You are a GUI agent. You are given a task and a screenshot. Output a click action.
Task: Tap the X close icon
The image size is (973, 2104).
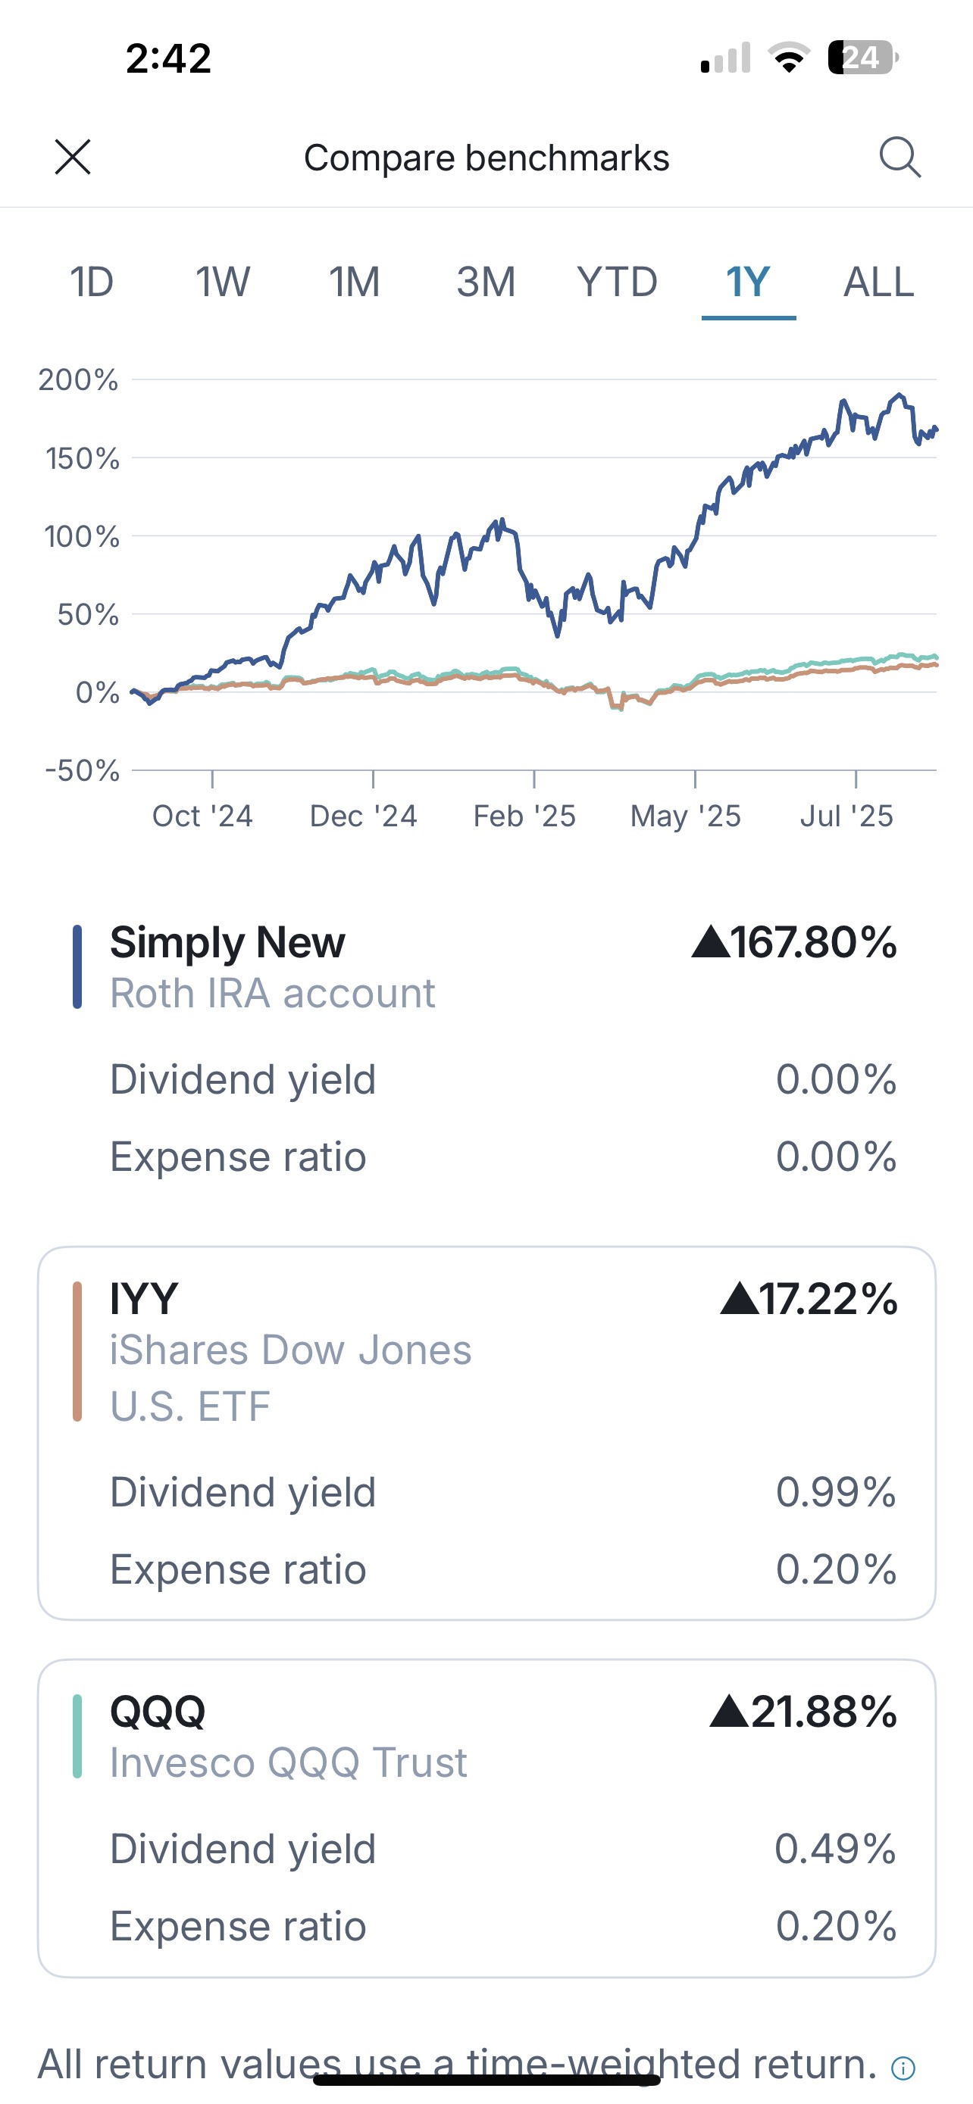(x=73, y=157)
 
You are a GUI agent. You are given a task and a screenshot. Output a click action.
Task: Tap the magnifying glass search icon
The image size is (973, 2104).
(x=899, y=157)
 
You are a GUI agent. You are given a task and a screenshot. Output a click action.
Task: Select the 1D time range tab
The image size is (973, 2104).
(x=92, y=283)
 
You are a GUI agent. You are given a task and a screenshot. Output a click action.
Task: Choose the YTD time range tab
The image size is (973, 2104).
(x=617, y=283)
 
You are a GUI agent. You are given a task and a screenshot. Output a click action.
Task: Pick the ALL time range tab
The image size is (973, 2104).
(x=878, y=283)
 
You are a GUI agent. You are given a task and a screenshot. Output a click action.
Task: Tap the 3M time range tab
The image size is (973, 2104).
(x=485, y=283)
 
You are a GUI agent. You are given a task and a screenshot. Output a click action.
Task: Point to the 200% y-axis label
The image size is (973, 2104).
(x=78, y=379)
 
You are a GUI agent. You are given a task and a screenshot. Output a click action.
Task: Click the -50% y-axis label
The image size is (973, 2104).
(x=82, y=770)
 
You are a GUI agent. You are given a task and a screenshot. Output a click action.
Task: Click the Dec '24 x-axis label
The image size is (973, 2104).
(x=363, y=816)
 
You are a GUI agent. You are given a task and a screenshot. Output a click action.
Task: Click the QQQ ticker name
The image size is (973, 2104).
(x=158, y=1711)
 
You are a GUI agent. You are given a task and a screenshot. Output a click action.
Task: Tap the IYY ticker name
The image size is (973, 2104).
(x=144, y=1299)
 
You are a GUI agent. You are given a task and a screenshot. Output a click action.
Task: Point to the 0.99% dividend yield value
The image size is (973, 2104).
(x=836, y=1492)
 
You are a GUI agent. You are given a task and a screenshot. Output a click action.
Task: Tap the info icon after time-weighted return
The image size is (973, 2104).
(x=903, y=2068)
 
